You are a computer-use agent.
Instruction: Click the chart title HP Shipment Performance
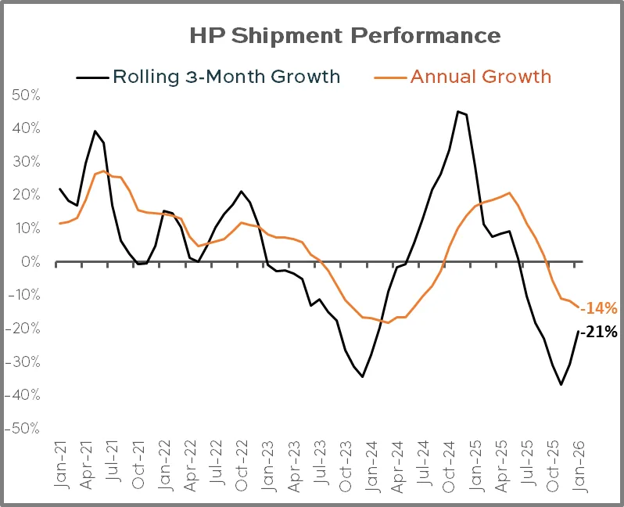point(345,35)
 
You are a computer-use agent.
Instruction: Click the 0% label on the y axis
point(30,262)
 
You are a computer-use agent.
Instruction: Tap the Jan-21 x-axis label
point(60,466)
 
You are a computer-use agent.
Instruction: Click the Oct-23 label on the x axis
point(346,466)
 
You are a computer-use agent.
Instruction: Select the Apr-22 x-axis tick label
point(190,466)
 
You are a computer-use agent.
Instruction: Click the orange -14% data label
point(599,307)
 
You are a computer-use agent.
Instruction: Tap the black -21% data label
point(599,332)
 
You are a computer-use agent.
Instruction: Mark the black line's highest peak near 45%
point(457,111)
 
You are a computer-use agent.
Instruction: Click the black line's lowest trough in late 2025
point(561,384)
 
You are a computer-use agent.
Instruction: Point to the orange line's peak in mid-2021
point(104,171)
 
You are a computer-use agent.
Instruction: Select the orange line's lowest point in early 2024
point(388,322)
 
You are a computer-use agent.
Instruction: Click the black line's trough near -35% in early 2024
point(362,376)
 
